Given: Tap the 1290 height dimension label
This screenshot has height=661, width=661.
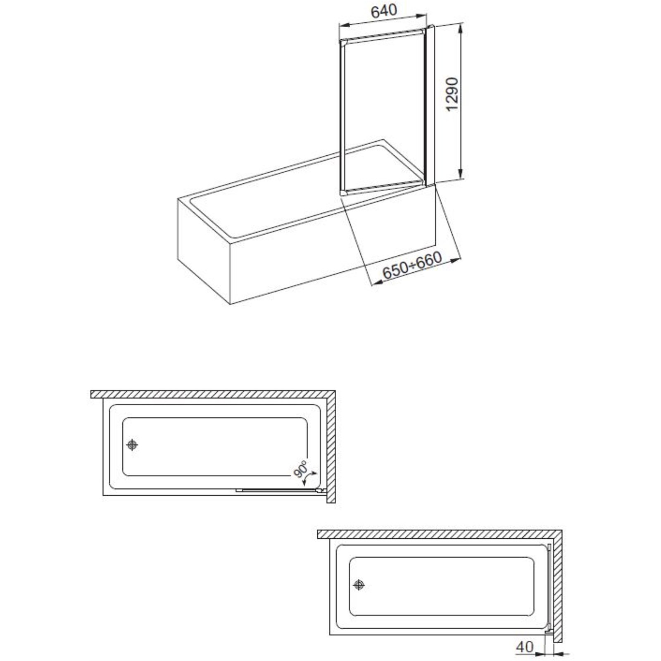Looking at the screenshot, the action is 452,94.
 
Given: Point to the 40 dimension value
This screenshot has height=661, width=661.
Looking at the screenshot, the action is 525,647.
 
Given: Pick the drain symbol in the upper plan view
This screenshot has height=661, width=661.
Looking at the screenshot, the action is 132,445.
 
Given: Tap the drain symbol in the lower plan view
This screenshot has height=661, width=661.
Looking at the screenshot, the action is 359,585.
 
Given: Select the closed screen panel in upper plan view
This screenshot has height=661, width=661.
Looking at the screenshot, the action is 281,491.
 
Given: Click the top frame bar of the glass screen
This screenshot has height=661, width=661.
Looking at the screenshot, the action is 382,36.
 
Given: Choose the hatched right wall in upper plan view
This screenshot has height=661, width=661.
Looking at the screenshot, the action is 331,447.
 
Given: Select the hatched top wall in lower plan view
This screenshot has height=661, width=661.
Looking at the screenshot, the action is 440,534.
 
